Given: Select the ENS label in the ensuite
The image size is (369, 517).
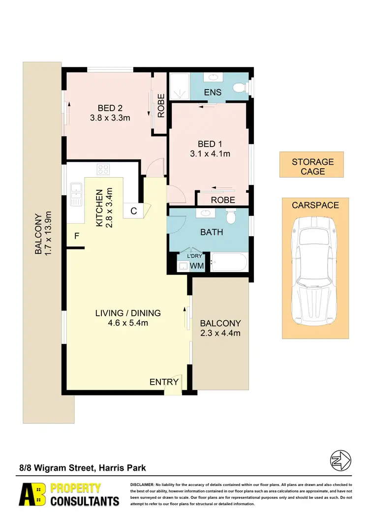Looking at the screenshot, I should [x=213, y=92].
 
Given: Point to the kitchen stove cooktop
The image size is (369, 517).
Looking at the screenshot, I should [x=103, y=170].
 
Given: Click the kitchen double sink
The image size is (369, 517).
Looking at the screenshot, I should [x=76, y=194].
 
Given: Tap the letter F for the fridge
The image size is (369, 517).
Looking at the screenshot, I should [x=76, y=236].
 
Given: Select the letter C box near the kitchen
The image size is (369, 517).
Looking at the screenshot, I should [x=133, y=211].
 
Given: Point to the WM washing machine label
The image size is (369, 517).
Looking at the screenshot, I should [x=196, y=266].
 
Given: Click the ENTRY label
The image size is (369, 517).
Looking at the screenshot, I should [x=164, y=382].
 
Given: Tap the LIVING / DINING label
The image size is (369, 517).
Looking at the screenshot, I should [x=128, y=313].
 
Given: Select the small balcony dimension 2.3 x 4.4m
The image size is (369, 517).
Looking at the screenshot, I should [x=220, y=333].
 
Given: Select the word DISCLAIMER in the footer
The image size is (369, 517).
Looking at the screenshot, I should [x=142, y=485].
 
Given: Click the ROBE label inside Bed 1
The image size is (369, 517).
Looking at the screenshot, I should [x=222, y=200].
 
